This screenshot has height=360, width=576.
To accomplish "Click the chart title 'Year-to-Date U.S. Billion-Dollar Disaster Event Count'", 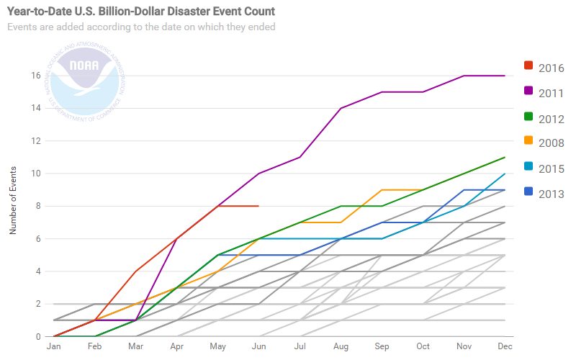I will (142, 12).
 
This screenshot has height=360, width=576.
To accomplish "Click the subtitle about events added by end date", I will (141, 27).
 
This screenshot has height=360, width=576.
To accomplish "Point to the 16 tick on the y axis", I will (35, 76).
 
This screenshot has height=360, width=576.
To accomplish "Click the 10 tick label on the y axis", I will (35, 174).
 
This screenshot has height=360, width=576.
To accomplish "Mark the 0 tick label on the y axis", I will (37, 336).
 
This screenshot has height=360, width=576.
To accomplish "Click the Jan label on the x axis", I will (53, 346).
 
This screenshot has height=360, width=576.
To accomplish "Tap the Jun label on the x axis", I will (258, 346).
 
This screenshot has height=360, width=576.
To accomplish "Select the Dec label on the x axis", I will (504, 346).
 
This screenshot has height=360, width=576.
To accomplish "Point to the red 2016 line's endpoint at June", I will (258, 206).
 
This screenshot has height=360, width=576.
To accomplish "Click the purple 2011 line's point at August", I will (341, 108).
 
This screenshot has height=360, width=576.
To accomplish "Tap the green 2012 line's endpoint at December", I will (504, 157).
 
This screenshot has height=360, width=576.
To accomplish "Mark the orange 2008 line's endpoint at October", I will (422, 189).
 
